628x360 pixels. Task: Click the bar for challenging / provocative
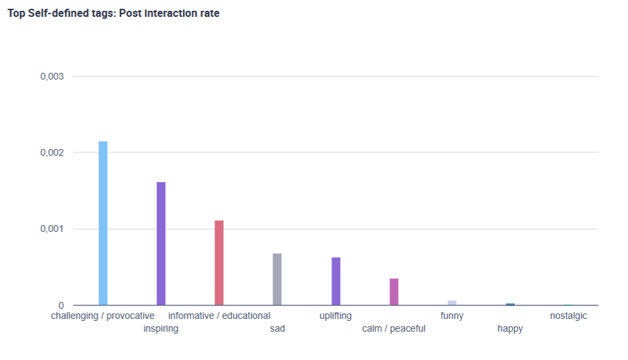click(x=103, y=223)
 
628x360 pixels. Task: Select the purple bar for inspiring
click(x=161, y=243)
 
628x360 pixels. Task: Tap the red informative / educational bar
click(x=219, y=263)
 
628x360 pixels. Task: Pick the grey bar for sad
click(x=277, y=279)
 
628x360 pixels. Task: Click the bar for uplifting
click(x=335, y=281)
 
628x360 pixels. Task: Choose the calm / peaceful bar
click(x=394, y=292)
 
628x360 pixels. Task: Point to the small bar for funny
click(x=452, y=303)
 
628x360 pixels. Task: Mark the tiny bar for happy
click(x=510, y=304)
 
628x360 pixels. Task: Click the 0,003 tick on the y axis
click(x=52, y=77)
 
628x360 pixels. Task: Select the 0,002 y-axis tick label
click(x=52, y=153)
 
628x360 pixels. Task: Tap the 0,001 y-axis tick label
click(x=52, y=229)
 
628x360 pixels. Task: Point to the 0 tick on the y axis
click(x=60, y=306)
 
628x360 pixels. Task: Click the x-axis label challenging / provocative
click(x=103, y=316)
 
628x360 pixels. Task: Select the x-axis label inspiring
click(x=161, y=329)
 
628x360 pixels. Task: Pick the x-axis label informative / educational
click(x=219, y=316)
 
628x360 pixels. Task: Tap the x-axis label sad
click(x=277, y=329)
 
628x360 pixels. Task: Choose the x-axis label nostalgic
click(x=568, y=316)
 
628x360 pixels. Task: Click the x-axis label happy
click(x=510, y=329)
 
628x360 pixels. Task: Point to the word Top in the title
click(x=16, y=13)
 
